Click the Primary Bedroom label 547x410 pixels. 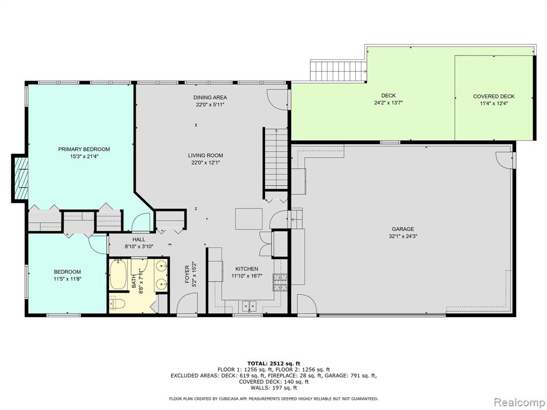[84, 149]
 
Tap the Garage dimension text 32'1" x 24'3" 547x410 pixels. [403, 236]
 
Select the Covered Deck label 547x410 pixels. [494, 96]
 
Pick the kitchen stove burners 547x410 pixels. [280, 282]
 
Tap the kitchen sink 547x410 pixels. [249, 306]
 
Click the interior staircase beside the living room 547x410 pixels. [276, 159]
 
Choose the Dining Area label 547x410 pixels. [210, 97]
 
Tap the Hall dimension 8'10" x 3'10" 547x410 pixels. [139, 246]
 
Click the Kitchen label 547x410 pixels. [247, 269]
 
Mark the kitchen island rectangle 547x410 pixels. [249, 218]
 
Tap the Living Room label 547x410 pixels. [206, 155]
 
